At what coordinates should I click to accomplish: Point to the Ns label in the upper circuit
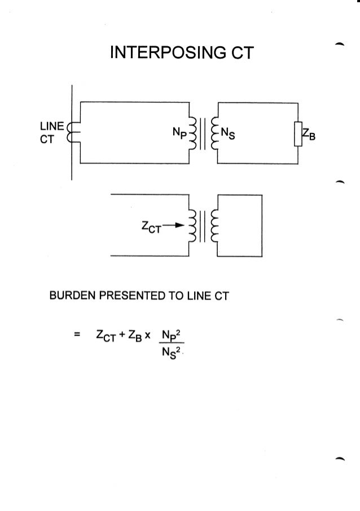coord(228,134)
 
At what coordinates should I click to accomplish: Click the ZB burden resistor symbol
coord(298,134)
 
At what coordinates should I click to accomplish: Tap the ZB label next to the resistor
coord(309,135)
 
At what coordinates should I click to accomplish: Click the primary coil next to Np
coord(193,134)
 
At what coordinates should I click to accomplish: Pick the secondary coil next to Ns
coord(213,134)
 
